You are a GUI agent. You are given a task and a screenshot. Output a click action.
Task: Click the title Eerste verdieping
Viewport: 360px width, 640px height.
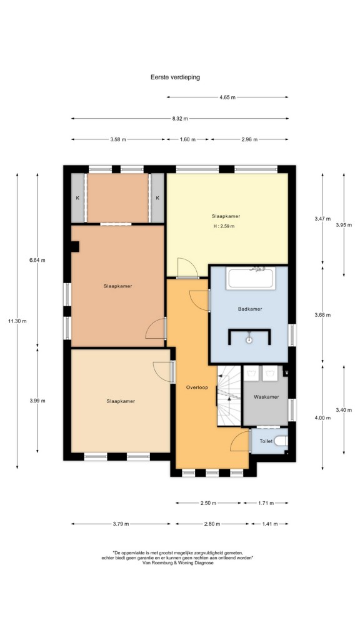(x=175, y=77)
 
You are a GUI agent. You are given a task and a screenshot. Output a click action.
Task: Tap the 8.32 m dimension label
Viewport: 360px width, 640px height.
(x=180, y=118)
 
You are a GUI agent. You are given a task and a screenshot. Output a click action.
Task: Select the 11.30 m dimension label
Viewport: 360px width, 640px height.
(x=17, y=321)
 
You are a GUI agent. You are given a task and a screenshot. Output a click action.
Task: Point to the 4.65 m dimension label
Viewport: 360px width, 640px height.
(x=227, y=97)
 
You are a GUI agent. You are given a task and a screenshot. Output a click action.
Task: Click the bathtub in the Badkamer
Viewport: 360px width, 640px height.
(x=251, y=278)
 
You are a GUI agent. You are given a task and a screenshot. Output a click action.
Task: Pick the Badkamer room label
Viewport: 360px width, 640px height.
(x=250, y=309)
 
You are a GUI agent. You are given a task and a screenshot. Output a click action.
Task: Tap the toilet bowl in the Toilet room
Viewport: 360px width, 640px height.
(x=281, y=441)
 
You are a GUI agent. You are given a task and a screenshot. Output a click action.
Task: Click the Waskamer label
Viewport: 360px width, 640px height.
(x=266, y=397)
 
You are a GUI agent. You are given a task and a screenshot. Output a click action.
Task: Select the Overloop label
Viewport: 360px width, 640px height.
(x=197, y=387)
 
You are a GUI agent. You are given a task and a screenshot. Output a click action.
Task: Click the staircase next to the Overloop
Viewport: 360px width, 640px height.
(x=229, y=396)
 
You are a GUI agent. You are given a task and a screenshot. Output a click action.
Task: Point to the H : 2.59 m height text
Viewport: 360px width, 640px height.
(x=224, y=226)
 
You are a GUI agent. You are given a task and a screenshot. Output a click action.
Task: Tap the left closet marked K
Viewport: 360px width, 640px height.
(x=77, y=198)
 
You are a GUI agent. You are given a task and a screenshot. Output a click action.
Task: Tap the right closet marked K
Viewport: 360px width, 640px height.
(x=157, y=198)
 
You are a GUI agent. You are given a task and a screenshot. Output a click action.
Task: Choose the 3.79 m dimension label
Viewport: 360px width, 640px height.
(x=121, y=524)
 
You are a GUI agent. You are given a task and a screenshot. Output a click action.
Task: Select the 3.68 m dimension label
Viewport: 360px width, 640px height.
(x=322, y=315)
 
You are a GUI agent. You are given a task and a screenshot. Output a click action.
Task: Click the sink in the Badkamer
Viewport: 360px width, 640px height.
(x=249, y=338)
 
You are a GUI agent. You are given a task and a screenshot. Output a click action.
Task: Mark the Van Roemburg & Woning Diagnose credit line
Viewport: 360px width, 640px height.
(x=178, y=562)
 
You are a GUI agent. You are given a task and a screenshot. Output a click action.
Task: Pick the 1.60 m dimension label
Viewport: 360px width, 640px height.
(x=187, y=139)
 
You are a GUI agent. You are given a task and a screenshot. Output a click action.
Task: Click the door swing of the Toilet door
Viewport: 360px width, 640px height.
(x=239, y=441)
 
